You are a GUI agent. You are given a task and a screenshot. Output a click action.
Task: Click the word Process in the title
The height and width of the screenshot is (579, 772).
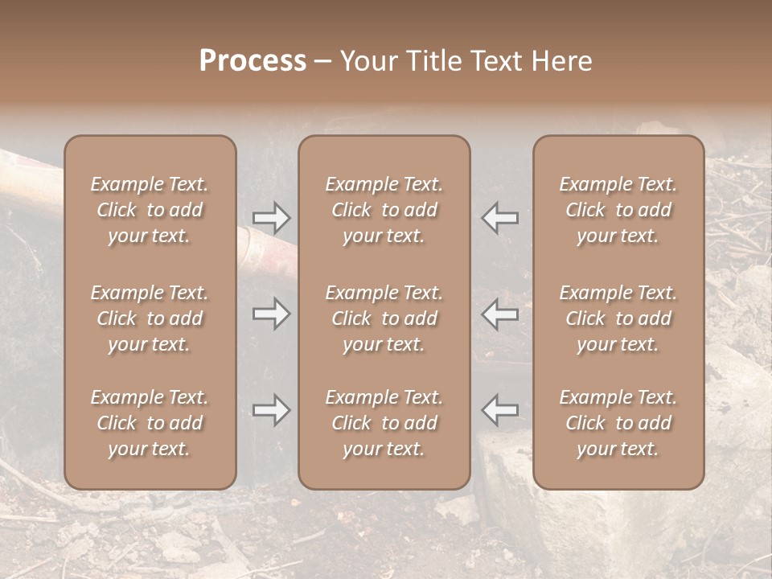(x=253, y=61)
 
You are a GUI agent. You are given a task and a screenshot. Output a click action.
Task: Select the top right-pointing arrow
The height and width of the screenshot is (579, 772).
(x=271, y=218)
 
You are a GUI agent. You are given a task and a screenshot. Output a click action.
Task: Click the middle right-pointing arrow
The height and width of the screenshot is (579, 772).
(x=271, y=314)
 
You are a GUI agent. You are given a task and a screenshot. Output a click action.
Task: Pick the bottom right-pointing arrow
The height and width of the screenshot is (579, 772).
(x=271, y=410)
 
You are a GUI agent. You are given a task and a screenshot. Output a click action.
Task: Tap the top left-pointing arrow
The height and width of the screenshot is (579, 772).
(x=499, y=218)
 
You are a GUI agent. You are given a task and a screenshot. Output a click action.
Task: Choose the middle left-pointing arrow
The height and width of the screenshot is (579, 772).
(x=499, y=314)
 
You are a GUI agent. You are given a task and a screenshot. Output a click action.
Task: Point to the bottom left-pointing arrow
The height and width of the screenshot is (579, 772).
(x=499, y=410)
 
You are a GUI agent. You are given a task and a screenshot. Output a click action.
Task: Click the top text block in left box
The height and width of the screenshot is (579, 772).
(x=150, y=210)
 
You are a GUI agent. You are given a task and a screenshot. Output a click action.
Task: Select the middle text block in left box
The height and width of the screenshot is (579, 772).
(x=150, y=318)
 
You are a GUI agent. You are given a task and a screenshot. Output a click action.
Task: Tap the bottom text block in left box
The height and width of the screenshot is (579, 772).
(x=150, y=423)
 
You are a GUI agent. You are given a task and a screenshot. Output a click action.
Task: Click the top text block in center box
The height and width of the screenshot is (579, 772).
(x=384, y=210)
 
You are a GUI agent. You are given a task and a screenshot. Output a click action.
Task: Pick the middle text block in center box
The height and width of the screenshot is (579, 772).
(x=384, y=318)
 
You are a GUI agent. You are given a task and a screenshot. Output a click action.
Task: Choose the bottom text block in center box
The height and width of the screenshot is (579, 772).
(x=384, y=423)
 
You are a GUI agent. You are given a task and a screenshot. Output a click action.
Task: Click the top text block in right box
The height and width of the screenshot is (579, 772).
(x=618, y=210)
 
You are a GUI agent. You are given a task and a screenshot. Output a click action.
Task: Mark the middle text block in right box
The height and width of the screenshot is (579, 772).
(x=618, y=318)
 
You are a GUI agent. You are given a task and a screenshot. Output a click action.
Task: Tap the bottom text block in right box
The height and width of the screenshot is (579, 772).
(x=618, y=423)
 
